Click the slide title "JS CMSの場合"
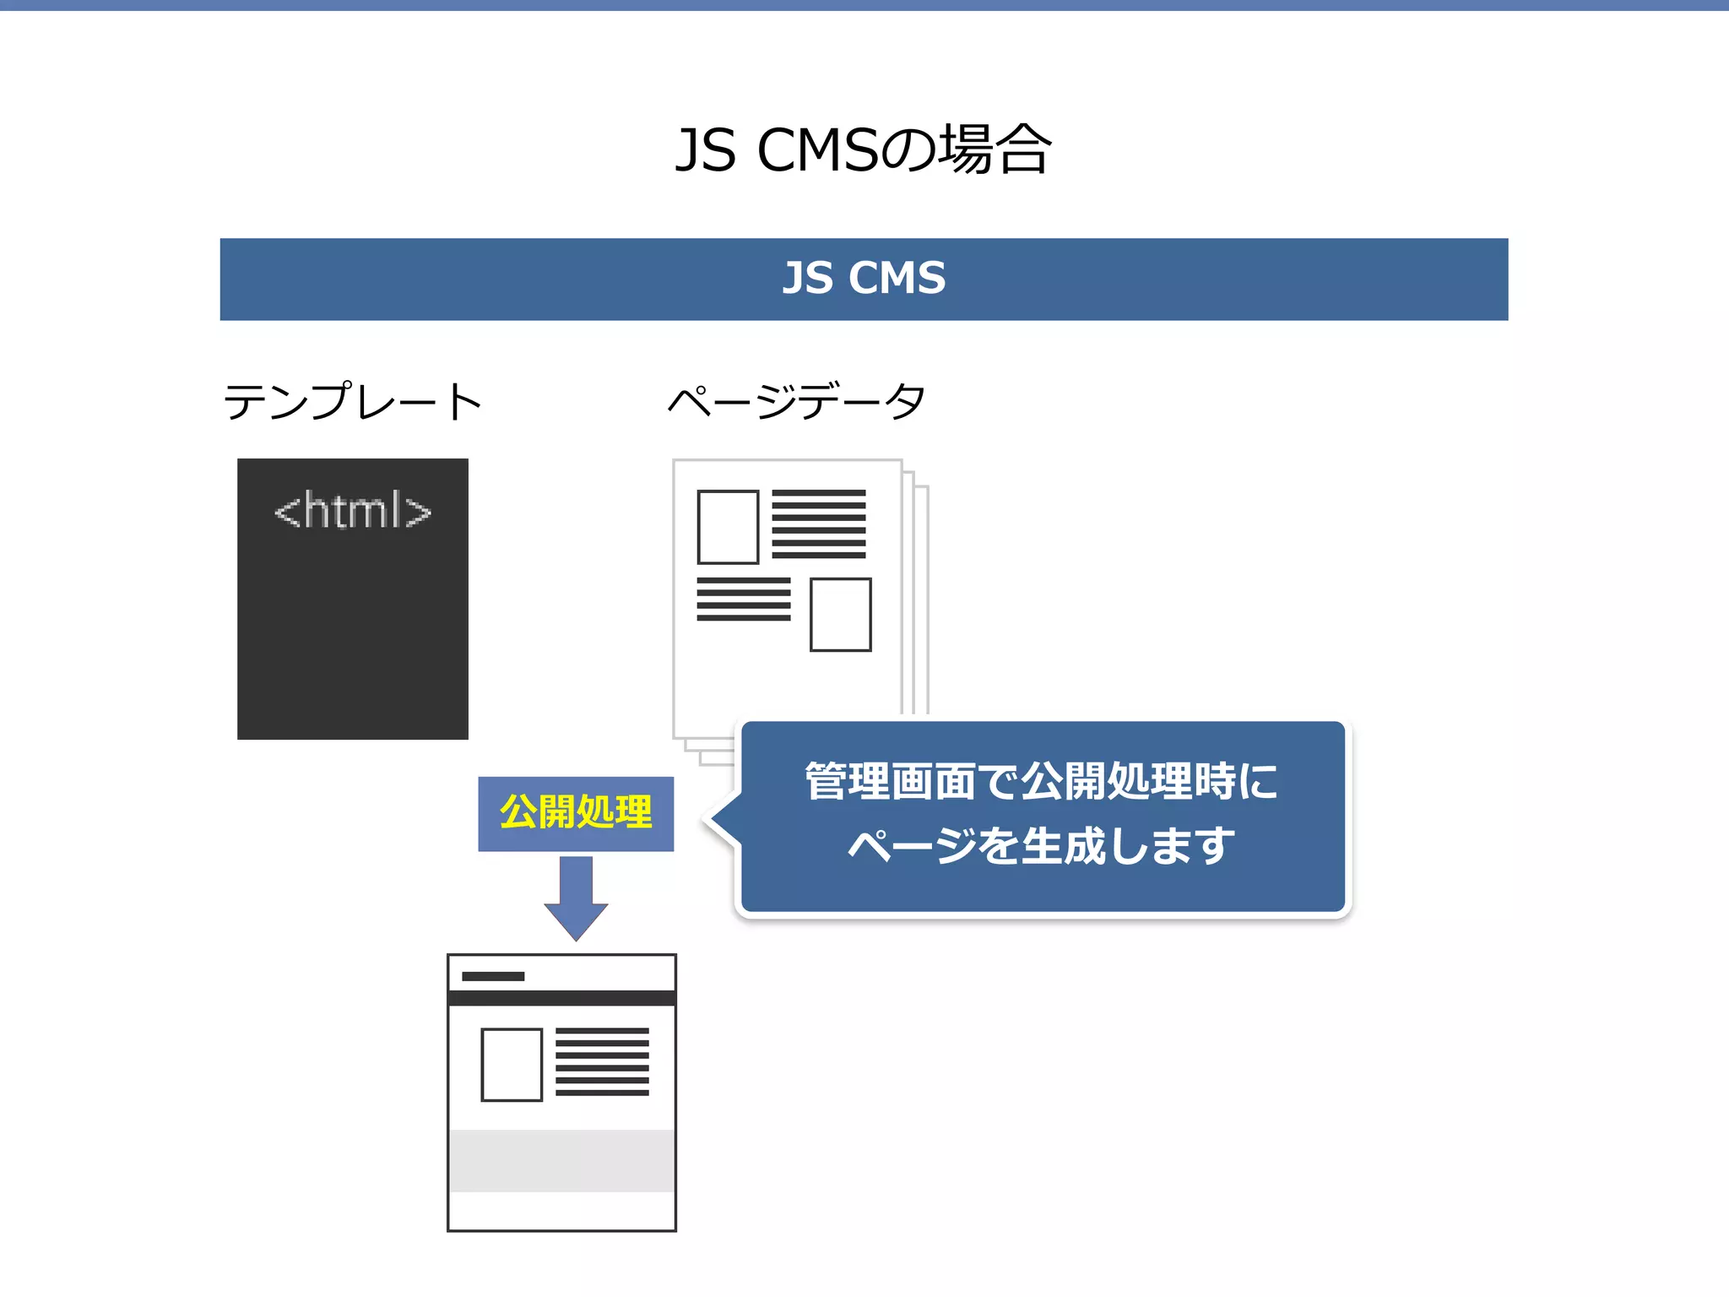pos(863,150)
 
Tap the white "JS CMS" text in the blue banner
pos(864,279)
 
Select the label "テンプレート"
pos(353,401)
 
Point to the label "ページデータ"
pos(796,401)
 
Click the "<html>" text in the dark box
pos(353,511)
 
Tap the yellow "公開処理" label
pos(576,812)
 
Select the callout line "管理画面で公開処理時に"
pos(1041,781)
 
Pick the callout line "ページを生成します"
pos(1041,846)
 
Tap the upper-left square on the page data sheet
pos(728,527)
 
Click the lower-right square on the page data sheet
pos(840,615)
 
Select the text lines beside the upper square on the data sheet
pos(818,524)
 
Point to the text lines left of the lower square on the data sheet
pos(744,599)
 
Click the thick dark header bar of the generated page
pos(561,998)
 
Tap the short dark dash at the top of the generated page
pos(493,976)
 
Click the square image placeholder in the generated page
pos(512,1065)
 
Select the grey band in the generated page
pos(561,1160)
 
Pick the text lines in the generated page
pos(602,1061)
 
